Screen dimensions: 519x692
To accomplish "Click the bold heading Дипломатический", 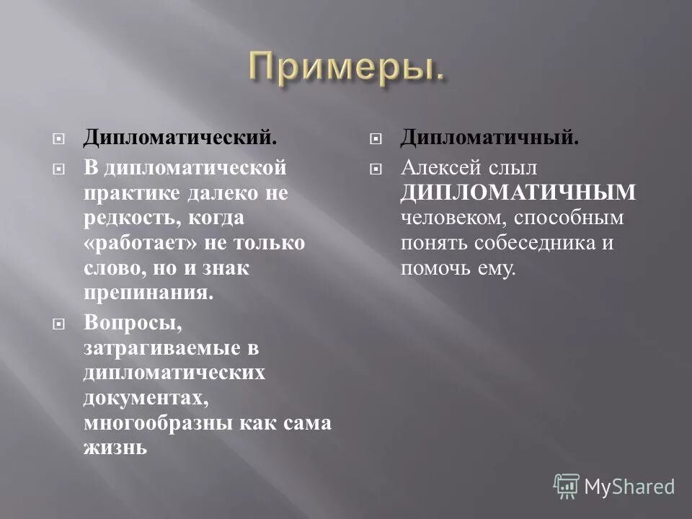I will (x=179, y=136).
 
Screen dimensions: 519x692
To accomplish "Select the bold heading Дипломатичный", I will (x=489, y=136).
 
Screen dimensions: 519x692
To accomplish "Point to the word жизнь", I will (x=115, y=448).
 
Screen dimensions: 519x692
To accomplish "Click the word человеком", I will (x=445, y=218).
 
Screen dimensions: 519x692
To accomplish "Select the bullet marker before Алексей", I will (x=373, y=168).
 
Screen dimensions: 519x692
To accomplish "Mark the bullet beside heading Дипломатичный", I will (x=373, y=137).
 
